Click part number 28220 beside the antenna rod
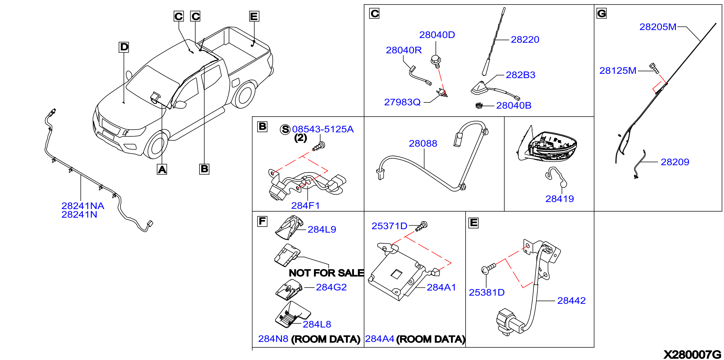point(525,40)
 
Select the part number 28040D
point(437,35)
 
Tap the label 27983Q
point(402,102)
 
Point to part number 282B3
point(520,75)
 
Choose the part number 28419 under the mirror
point(560,199)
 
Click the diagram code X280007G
point(692,354)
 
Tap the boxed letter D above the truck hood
point(124,47)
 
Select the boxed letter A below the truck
point(162,169)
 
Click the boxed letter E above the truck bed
point(254,16)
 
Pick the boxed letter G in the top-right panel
point(602,13)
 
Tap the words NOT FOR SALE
point(326,273)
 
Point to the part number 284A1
point(441,287)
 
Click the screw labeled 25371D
point(422,226)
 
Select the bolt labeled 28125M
point(654,68)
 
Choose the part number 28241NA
point(83,206)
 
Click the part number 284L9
point(322,230)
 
